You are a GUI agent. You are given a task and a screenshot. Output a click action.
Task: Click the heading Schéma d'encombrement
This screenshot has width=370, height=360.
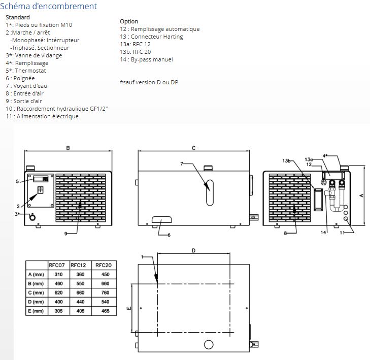pos(48,6)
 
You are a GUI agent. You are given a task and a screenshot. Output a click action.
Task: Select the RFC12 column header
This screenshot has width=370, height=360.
pos(78,265)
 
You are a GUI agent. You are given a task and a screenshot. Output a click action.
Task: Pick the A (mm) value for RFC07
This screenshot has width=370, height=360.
pos(58,274)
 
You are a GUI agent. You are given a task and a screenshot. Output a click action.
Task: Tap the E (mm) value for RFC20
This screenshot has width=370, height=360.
pos(105,311)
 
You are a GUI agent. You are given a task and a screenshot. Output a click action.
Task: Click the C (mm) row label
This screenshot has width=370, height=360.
pos(36,292)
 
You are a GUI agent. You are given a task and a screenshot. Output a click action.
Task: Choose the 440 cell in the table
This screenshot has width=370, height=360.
pos(80,302)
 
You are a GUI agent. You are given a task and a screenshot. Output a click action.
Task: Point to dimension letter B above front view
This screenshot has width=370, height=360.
pos(68,148)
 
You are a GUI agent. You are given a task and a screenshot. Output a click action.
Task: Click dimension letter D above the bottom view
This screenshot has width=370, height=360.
pos(193,250)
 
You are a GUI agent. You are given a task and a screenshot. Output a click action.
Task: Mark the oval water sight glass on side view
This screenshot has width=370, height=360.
pos(210,193)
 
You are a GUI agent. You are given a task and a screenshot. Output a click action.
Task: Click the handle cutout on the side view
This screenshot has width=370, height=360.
pos(161,219)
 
